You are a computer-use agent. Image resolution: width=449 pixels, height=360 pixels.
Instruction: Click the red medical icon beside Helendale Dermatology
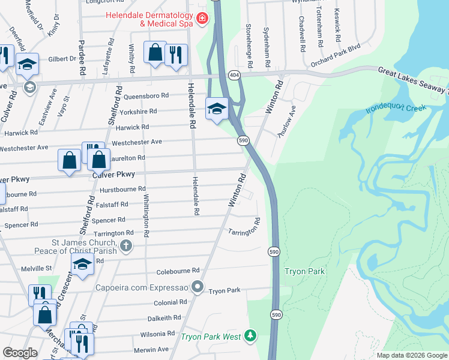(202, 19)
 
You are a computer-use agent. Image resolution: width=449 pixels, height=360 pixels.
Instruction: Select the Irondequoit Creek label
(396, 109)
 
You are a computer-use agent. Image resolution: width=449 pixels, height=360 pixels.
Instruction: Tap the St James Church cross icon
(125, 245)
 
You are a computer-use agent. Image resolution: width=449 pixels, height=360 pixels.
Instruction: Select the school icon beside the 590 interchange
(217, 108)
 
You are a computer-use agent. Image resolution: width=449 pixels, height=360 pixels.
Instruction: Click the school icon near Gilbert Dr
(27, 64)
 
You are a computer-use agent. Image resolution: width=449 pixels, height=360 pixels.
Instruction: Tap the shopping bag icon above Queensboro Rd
(155, 52)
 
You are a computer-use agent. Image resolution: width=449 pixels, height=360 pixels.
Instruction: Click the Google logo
(20, 353)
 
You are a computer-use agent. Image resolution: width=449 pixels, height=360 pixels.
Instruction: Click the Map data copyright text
(411, 355)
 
